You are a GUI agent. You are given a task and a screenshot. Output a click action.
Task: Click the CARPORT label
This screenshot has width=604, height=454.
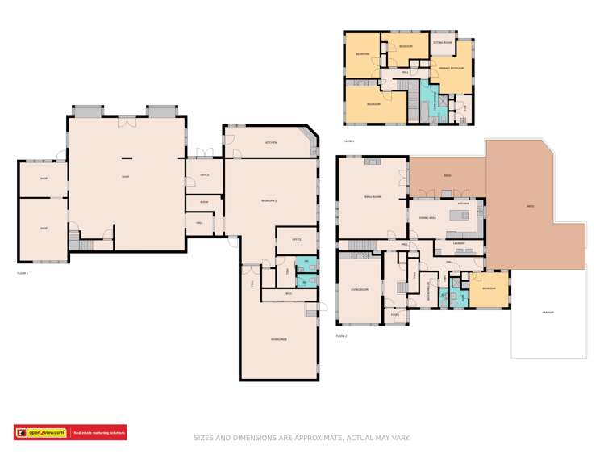(x=548, y=312)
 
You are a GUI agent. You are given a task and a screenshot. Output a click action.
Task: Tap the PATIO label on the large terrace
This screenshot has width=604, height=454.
(x=530, y=207)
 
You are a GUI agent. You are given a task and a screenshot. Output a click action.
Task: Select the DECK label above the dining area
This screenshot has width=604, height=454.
(x=447, y=175)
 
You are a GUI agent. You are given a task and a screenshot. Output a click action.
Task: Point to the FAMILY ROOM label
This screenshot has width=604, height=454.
(x=372, y=196)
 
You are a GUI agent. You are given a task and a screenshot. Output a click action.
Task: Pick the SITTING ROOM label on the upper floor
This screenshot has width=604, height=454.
(x=442, y=41)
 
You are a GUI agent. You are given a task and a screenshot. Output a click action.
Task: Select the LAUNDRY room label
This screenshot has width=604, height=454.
(x=459, y=243)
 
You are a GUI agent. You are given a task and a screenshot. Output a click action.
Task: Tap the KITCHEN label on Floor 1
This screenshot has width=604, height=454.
(x=271, y=142)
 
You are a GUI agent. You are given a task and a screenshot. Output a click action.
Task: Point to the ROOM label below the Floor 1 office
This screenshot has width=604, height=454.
(x=204, y=202)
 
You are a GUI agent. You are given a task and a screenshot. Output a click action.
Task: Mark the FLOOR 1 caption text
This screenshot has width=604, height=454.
(x=23, y=273)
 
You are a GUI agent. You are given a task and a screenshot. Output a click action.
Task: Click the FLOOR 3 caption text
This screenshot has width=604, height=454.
(x=348, y=141)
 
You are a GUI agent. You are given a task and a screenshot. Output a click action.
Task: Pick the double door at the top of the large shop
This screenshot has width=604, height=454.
(x=127, y=121)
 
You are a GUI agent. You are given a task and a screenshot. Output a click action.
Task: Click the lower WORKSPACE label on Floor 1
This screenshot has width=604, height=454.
(x=279, y=339)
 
